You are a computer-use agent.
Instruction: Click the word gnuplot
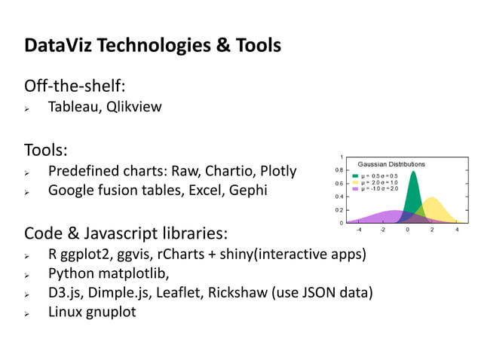(x=112, y=311)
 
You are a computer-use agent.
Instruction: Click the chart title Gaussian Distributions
(x=391, y=163)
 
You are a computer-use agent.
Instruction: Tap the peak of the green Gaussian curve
(x=414, y=171)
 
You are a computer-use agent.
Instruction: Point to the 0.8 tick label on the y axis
(x=341, y=170)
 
